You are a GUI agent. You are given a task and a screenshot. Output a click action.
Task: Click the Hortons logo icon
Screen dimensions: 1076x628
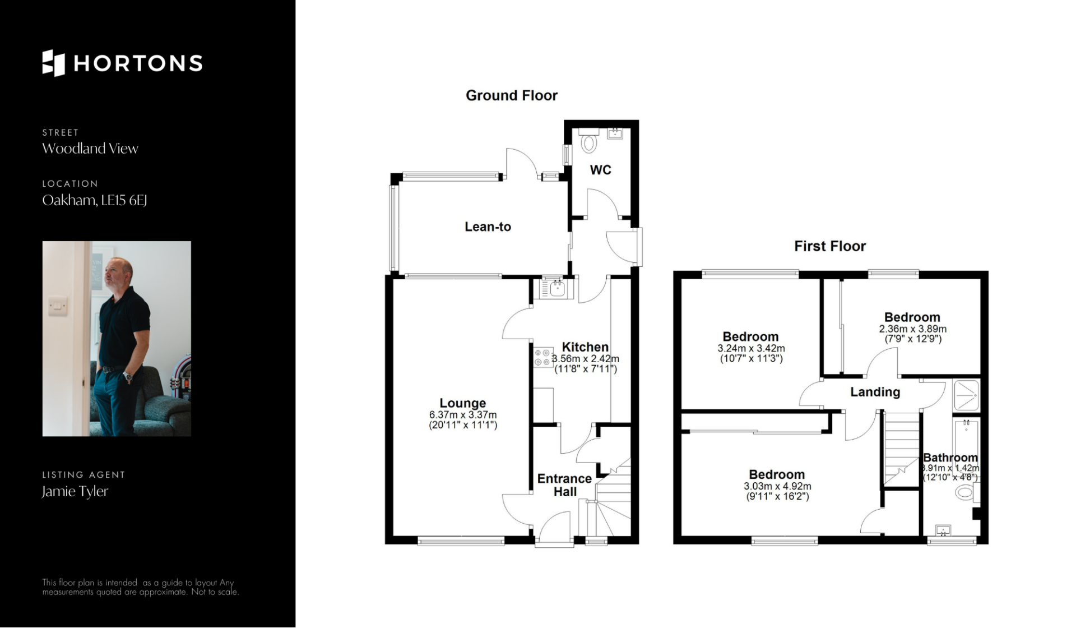pos(54,63)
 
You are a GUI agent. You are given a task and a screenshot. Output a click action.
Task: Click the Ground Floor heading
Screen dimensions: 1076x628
pos(512,95)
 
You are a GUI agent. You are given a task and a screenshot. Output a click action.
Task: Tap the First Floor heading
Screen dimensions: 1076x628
pos(830,246)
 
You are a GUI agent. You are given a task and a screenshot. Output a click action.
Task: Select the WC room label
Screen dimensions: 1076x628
pos(600,170)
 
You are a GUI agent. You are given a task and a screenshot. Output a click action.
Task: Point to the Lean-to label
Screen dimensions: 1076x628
pos(488,227)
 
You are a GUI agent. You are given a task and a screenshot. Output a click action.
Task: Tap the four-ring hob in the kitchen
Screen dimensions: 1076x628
pos(543,357)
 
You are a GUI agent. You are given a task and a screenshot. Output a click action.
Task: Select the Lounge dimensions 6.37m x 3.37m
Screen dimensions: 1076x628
pos(463,415)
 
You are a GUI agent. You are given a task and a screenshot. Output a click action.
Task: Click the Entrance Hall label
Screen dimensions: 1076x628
pos(565,485)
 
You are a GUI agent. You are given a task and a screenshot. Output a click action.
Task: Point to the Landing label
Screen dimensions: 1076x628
pos(875,392)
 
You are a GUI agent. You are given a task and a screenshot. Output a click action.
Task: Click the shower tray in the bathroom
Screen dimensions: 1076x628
pos(966,396)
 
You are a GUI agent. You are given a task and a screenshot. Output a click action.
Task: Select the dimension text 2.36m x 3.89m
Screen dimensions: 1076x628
pos(912,329)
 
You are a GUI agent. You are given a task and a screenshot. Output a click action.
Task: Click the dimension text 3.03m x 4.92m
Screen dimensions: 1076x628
pos(777,486)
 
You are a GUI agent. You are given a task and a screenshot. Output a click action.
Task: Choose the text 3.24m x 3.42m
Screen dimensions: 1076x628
pos(751,348)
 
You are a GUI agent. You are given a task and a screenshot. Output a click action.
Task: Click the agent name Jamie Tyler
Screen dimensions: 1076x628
pos(75,492)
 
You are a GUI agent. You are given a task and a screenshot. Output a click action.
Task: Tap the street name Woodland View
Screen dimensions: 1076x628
pos(90,149)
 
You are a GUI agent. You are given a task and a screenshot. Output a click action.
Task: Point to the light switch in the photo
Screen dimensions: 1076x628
pos(57,306)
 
